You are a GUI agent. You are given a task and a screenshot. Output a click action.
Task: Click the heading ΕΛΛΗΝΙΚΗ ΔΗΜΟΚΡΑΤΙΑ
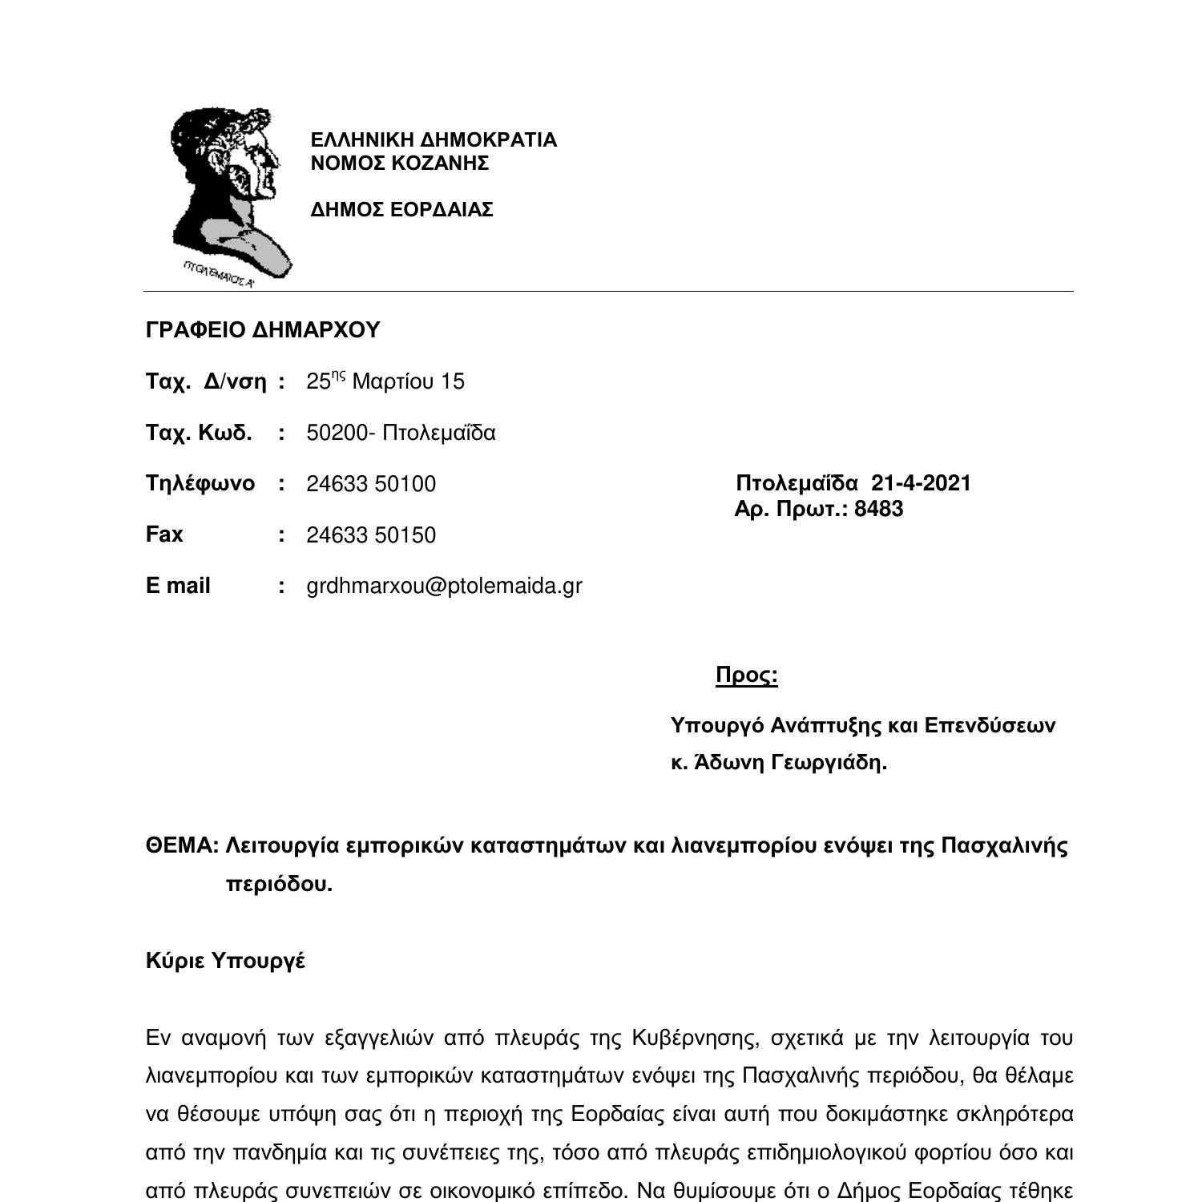433,140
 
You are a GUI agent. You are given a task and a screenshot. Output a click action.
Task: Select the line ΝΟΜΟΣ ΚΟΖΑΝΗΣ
399,163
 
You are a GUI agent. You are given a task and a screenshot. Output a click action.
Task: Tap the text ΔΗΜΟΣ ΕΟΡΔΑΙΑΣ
401,210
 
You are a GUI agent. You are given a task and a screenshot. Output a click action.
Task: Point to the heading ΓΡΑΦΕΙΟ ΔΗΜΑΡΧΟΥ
263,330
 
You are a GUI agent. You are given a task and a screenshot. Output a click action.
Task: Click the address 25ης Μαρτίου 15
385,381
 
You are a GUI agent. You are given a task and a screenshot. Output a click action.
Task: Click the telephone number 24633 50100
371,484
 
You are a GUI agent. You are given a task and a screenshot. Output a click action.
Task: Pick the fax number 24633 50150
371,535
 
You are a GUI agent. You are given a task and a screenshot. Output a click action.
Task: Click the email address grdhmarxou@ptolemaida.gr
444,586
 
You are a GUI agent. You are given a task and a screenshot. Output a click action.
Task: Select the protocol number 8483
878,510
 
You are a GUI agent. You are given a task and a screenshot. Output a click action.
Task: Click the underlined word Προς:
746,676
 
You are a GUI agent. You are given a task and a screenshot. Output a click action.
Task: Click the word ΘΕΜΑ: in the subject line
182,846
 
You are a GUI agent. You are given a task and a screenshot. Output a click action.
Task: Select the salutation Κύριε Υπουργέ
225,961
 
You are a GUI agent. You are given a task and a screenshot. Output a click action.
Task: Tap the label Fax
164,534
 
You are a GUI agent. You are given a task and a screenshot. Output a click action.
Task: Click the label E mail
178,586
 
